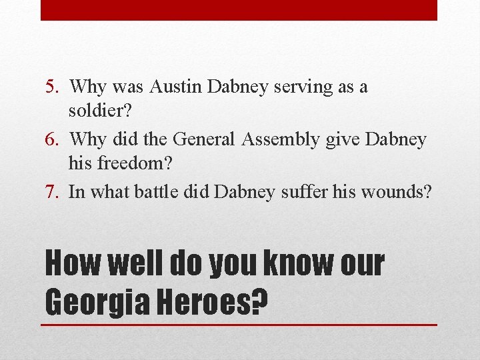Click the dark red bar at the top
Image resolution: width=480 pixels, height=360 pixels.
pyautogui.click(x=239, y=10)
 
